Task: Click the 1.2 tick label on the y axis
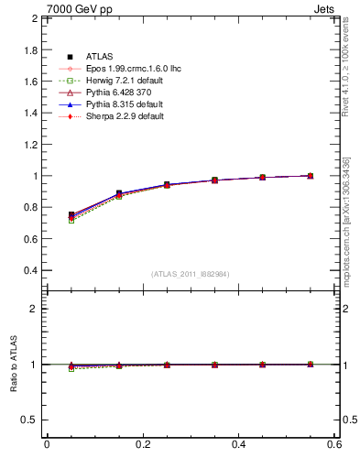tap(30, 144)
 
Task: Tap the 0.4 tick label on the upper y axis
tap(30, 270)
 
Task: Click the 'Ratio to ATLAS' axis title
tap(13, 365)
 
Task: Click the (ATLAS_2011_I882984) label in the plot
tap(190, 274)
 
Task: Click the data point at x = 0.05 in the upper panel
tap(71, 215)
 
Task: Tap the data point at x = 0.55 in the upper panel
tap(311, 176)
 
